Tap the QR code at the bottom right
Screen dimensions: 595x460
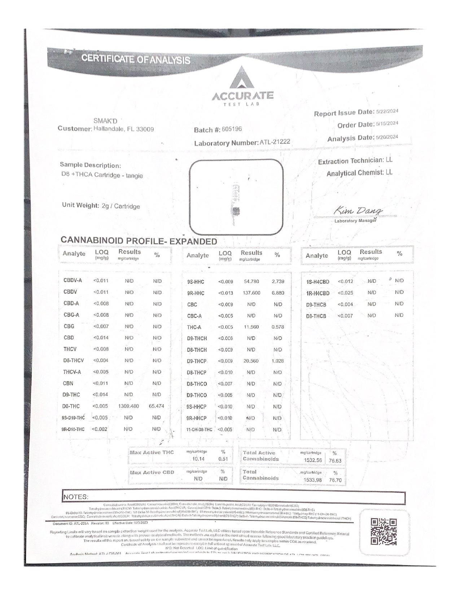click(x=384, y=532)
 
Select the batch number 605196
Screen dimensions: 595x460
click(x=232, y=129)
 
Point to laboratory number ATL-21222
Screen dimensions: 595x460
click(x=275, y=142)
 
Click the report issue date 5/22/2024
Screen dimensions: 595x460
click(x=387, y=111)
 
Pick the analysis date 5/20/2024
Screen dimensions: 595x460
click(x=387, y=137)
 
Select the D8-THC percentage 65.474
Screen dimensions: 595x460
click(x=156, y=406)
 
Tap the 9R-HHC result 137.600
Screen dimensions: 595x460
click(x=251, y=293)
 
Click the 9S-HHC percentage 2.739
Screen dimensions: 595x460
click(x=278, y=282)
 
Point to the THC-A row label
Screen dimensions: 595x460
click(x=194, y=327)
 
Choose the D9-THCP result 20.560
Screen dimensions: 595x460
click(x=251, y=361)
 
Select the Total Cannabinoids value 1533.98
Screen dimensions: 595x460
click(x=312, y=480)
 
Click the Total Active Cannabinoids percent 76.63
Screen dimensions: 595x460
click(x=335, y=460)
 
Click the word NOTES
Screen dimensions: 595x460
click(x=76, y=497)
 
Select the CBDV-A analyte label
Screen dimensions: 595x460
click(x=73, y=281)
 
